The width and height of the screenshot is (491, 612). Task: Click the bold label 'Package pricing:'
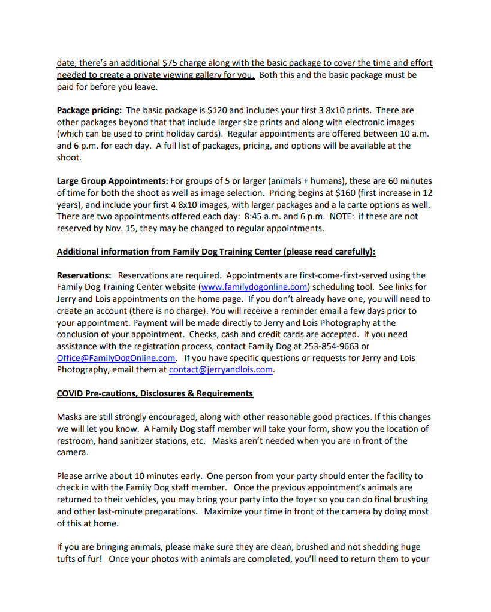pyautogui.click(x=89, y=110)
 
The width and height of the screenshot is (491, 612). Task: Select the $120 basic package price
pyautogui.click(x=216, y=110)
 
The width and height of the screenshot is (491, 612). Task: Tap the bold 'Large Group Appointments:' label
pyautogui.click(x=112, y=181)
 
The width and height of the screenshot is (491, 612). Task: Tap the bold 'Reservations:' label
pyautogui.click(x=84, y=275)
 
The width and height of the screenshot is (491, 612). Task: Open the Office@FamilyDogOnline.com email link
pyautogui.click(x=116, y=358)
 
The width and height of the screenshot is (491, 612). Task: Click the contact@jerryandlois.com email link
pyautogui.click(x=221, y=369)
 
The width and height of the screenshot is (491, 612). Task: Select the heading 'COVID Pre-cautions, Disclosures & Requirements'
pyautogui.click(x=155, y=393)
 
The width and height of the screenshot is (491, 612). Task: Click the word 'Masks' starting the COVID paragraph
pyautogui.click(x=70, y=417)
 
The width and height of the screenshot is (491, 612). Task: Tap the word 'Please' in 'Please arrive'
pyautogui.click(x=70, y=476)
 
